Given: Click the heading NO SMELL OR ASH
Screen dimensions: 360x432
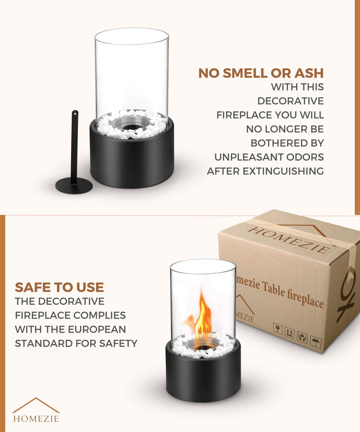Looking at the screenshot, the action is (261, 73).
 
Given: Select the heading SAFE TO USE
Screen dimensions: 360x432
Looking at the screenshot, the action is (59, 288).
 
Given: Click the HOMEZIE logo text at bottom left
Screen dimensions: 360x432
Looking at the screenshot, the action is (36, 419).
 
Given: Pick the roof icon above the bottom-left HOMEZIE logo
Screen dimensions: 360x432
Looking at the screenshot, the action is (36, 405).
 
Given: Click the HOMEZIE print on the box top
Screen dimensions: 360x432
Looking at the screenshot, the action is (289, 240).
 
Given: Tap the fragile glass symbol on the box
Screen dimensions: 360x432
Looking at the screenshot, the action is (278, 328).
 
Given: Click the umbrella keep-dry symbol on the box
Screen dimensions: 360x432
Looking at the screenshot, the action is (315, 342).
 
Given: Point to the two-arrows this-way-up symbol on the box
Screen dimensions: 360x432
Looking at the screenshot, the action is (289, 333).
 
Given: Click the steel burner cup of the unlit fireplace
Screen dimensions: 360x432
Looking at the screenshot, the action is (132, 123).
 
